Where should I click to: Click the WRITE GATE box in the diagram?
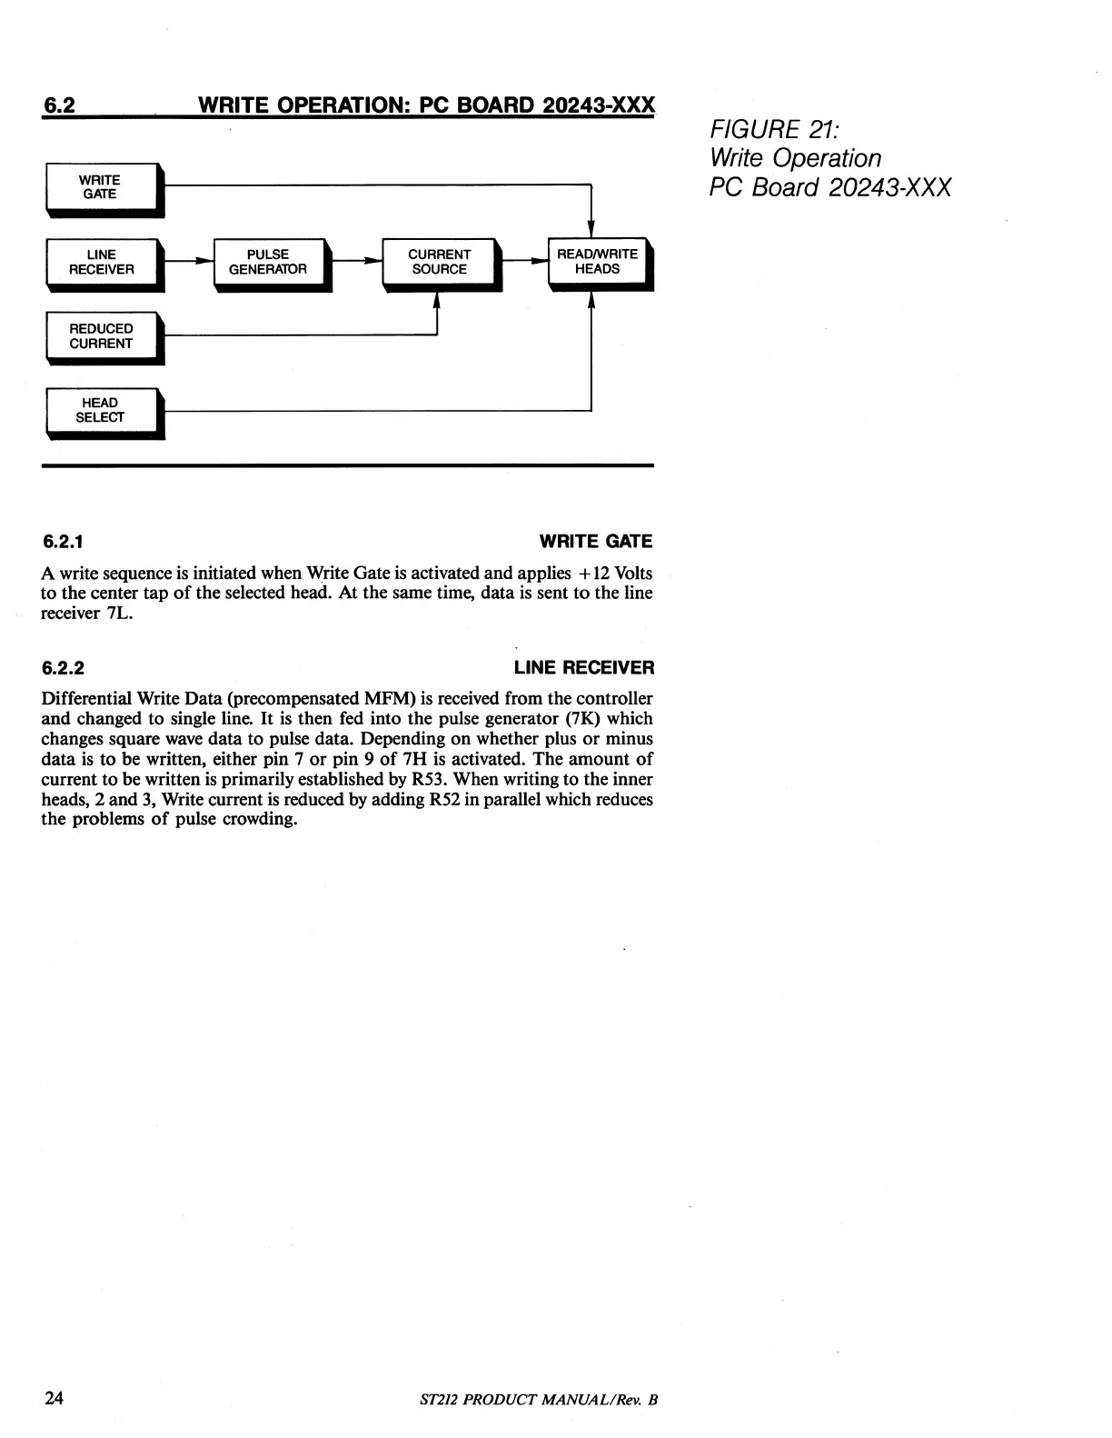pyautogui.click(x=101, y=187)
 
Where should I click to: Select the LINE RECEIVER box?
pyautogui.click(x=102, y=262)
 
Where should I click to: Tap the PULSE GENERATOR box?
pyautogui.click(x=269, y=262)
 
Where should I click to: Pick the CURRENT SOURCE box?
pyautogui.click(x=440, y=262)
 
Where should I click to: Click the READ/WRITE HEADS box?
pyautogui.click(x=598, y=262)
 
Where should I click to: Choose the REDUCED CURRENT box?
pyautogui.click(x=101, y=336)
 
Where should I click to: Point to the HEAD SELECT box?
pyautogui.click(x=101, y=411)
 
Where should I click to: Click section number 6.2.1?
pyautogui.click(x=64, y=542)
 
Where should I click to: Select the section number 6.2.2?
pyautogui.click(x=64, y=668)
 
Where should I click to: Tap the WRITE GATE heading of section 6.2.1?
pyautogui.click(x=595, y=542)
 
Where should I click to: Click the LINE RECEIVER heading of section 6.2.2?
pyautogui.click(x=583, y=668)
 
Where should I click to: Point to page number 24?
pyautogui.click(x=54, y=1397)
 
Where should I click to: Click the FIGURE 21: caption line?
pyautogui.click(x=767, y=129)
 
